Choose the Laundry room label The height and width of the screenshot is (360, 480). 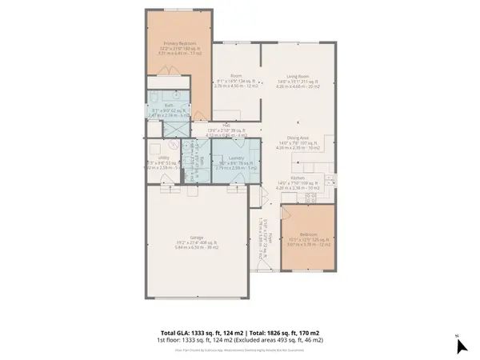pyautogui.click(x=235, y=159)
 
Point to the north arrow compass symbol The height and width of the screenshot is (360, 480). pyautogui.click(x=459, y=345)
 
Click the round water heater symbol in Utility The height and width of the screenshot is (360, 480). pyautogui.click(x=177, y=145)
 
